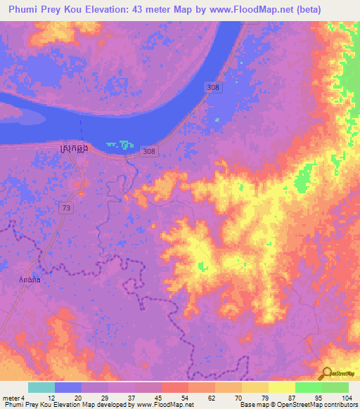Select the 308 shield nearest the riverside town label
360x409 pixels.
click(148, 151)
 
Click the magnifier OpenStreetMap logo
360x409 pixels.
click(326, 375)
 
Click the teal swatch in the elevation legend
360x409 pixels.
click(41, 387)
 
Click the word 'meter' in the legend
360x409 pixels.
click(10, 397)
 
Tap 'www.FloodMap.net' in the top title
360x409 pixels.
click(252, 10)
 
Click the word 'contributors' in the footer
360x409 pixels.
click(340, 405)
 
